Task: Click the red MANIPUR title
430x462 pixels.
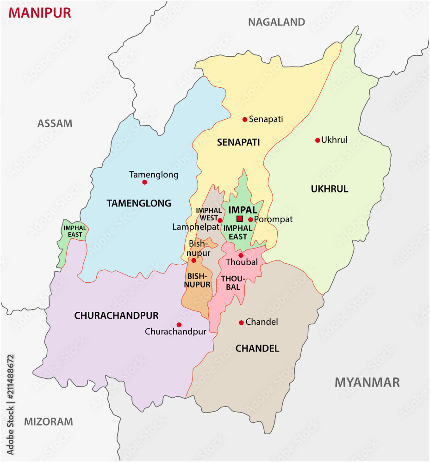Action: click(x=40, y=13)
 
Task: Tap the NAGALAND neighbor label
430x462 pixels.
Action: click(x=276, y=22)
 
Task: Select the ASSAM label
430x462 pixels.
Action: click(x=55, y=123)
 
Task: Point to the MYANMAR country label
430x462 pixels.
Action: click(x=367, y=382)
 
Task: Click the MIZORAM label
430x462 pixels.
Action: click(x=49, y=421)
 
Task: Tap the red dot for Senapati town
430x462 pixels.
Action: click(x=245, y=119)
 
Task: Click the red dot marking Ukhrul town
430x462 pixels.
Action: click(x=318, y=140)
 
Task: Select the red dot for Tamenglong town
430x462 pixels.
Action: click(x=144, y=182)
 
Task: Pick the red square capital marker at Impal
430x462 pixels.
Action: click(x=239, y=219)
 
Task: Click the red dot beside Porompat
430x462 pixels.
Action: click(x=250, y=219)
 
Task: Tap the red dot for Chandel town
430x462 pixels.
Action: click(x=241, y=322)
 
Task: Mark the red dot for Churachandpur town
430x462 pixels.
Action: click(x=179, y=325)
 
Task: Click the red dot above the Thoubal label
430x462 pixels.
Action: click(x=241, y=255)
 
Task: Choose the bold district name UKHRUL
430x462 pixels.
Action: click(x=330, y=189)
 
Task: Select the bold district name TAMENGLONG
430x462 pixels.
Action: click(x=139, y=203)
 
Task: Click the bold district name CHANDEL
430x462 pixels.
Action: click(x=257, y=348)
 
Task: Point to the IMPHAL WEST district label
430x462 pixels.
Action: click(x=209, y=214)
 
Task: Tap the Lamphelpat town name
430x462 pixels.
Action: click(x=196, y=227)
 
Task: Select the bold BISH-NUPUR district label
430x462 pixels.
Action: click(x=197, y=280)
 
